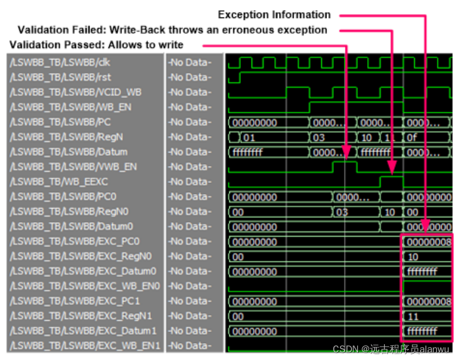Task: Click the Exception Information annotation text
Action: pyautogui.click(x=274, y=15)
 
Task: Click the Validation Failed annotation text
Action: pyautogui.click(x=173, y=30)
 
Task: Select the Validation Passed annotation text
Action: pyautogui.click(x=97, y=45)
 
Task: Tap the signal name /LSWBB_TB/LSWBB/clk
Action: pyautogui.click(x=60, y=62)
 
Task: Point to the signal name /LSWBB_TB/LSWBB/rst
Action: pyautogui.click(x=58, y=77)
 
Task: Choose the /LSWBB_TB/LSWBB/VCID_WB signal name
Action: pyautogui.click(x=75, y=92)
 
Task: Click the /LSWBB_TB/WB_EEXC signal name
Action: pyautogui.click(x=58, y=182)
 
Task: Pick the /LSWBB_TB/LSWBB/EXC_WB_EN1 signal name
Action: pyautogui.click(x=85, y=346)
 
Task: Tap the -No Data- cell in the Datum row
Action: pyautogui.click(x=189, y=152)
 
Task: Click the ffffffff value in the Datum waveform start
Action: pyautogui.click(x=248, y=152)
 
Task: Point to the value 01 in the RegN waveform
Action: pyautogui.click(x=249, y=137)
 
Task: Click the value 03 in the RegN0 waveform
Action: pyautogui.click(x=342, y=212)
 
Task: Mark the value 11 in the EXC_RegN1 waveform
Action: pyautogui.click(x=414, y=316)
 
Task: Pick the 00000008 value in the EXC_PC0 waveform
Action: pyautogui.click(x=429, y=241)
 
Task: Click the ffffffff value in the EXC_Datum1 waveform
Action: pyautogui.click(x=422, y=331)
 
